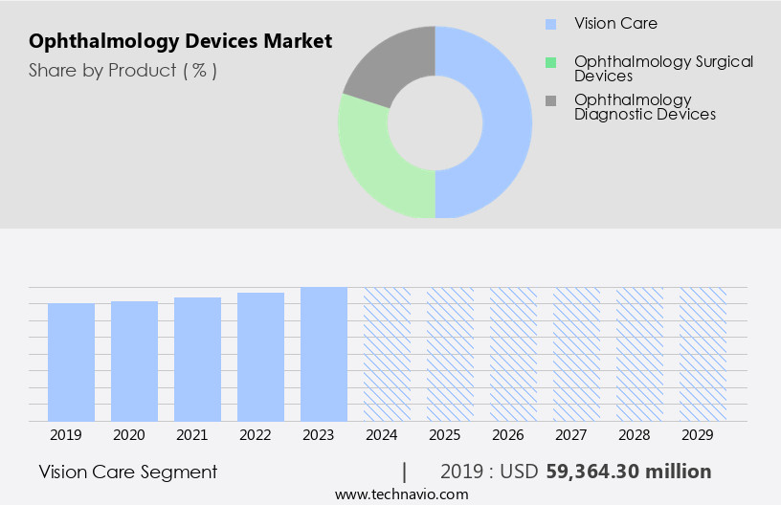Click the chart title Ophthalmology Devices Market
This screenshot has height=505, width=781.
[x=181, y=41]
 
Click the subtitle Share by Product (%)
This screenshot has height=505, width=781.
[x=123, y=70]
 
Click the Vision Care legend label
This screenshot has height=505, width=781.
[x=615, y=23]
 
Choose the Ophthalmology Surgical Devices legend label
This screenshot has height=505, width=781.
[x=663, y=68]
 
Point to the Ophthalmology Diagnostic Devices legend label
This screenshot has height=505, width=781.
[x=644, y=106]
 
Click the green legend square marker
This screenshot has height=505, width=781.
[x=549, y=62]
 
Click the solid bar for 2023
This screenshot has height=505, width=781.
[x=324, y=354]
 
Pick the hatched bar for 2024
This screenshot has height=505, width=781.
[x=387, y=354]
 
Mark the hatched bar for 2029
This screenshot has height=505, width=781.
[x=703, y=354]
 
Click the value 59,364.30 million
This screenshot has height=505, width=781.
[x=628, y=472]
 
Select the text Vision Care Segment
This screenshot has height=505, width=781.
[x=128, y=472]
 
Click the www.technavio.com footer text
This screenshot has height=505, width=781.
[x=401, y=494]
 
